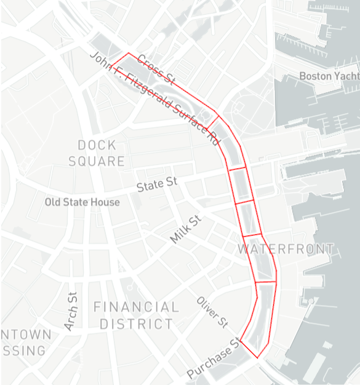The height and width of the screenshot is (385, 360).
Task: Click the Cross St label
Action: [x=158, y=70]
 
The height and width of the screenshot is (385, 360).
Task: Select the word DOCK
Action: [x=97, y=145]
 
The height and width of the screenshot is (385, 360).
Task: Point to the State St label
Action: [x=157, y=184]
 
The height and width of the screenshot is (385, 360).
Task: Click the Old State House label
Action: [x=82, y=202]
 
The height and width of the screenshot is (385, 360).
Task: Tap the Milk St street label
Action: [x=186, y=229]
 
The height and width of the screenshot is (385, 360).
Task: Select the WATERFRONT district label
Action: [x=286, y=249]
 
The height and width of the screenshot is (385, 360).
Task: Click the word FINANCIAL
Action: [x=136, y=307]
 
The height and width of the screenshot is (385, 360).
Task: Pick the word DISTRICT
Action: [x=136, y=323]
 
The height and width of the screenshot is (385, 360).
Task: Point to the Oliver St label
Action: [x=213, y=312]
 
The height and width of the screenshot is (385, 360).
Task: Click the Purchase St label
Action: [x=213, y=359]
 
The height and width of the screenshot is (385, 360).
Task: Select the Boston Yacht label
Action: [x=329, y=76]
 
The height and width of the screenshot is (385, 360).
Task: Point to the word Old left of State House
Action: [x=54, y=202]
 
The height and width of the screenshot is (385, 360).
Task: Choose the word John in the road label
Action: [x=100, y=60]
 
